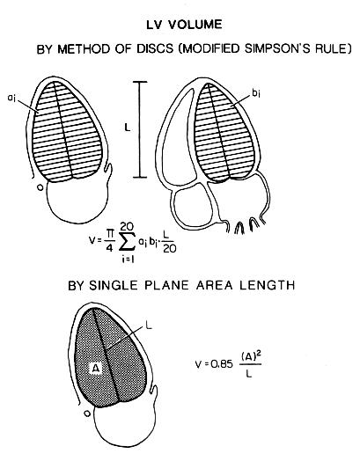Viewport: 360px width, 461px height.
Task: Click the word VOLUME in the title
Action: [x=195, y=25]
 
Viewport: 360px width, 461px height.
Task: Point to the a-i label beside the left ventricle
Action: [x=11, y=98]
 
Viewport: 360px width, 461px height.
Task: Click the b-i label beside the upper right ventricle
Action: [x=256, y=93]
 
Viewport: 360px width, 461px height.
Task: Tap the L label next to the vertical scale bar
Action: [x=128, y=128]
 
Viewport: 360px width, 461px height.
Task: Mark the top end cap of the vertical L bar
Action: [x=139, y=82]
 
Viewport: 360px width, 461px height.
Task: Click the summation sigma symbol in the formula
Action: [x=128, y=242]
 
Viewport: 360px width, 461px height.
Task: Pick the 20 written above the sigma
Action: [x=127, y=226]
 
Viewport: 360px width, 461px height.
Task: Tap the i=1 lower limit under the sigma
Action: [x=128, y=260]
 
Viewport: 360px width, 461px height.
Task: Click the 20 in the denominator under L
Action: [x=169, y=249]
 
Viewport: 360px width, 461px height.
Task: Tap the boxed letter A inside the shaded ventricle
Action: [x=96, y=368]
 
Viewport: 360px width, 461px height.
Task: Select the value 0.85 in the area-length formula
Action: [x=222, y=364]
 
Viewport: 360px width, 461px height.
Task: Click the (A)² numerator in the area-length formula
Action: [x=251, y=357]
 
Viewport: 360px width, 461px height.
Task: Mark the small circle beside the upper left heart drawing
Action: [x=40, y=187]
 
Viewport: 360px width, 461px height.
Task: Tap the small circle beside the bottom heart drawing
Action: [x=87, y=413]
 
